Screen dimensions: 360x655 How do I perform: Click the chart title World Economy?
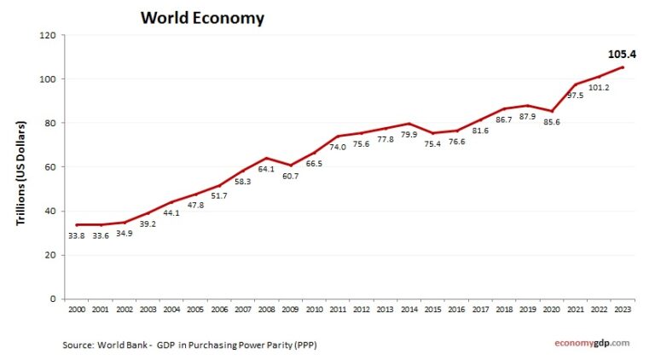(x=202, y=18)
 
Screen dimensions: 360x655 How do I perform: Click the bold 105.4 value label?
(x=622, y=54)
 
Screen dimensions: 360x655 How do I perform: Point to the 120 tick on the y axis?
(x=47, y=35)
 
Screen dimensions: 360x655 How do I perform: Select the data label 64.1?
(x=266, y=169)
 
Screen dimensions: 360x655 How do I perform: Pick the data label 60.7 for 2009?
(x=289, y=177)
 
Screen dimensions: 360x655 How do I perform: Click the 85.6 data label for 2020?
(x=551, y=122)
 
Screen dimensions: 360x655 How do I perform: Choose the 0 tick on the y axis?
(x=52, y=299)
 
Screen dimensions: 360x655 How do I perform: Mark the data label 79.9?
(x=408, y=135)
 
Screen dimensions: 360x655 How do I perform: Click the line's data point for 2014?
(x=409, y=124)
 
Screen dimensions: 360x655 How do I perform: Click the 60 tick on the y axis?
(x=49, y=167)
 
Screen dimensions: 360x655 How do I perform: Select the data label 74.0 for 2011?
(x=337, y=148)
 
